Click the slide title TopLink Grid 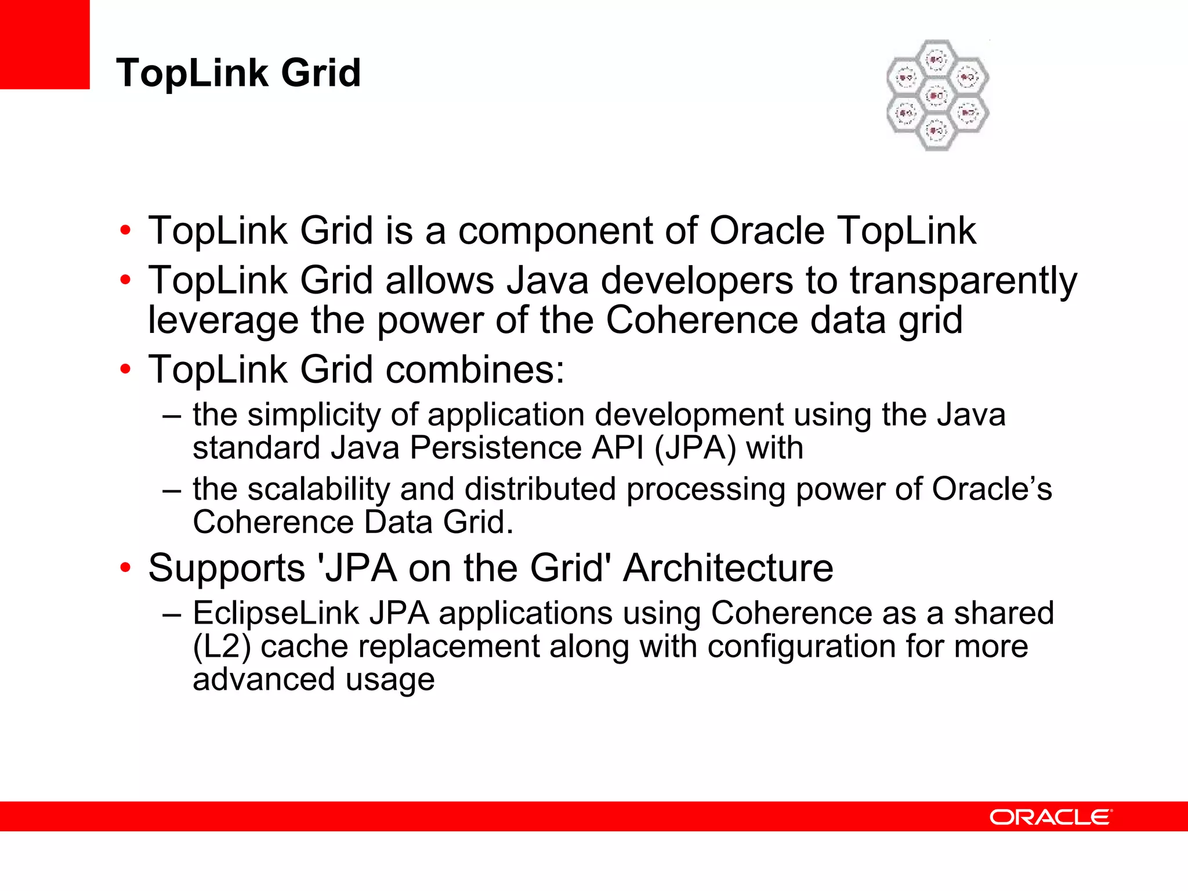coord(238,73)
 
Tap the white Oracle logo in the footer coord(1051,817)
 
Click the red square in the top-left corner coord(45,44)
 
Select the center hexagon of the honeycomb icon coord(937,95)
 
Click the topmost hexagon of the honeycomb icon coord(937,59)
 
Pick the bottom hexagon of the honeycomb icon coord(937,132)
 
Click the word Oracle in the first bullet coord(767,231)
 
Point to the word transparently coord(964,281)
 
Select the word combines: coord(475,370)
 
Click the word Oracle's coord(991,489)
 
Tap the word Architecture coord(728,568)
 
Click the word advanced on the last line coord(264,679)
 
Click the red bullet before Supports coord(125,568)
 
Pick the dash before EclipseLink coord(172,614)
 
